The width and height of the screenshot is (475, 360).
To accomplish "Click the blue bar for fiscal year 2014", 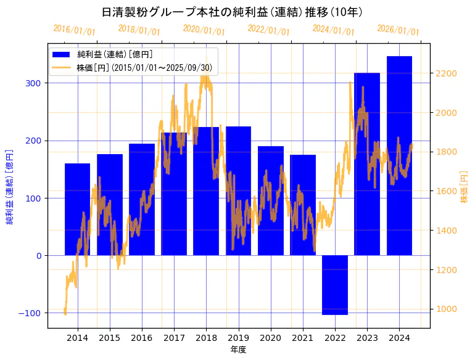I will coord(77,210).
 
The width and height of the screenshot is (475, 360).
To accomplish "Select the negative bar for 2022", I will coord(335,285).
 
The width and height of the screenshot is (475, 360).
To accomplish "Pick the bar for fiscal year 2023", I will coord(367,164).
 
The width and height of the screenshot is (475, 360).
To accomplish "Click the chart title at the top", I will coord(231,12).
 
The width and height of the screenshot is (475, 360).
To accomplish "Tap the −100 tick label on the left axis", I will coord(30,313).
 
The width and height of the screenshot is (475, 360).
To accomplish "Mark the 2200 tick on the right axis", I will coord(445,73).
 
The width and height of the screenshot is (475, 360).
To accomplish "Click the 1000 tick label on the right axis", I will coord(445,309).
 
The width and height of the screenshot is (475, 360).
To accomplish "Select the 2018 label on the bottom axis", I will coord(206,338).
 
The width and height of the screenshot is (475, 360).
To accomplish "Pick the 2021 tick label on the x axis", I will coord(303,338).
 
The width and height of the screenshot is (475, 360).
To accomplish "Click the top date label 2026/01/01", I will coord(398,30).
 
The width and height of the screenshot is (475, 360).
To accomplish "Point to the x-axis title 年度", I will coord(238,350).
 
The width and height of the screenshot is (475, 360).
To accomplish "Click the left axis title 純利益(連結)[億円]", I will coord(10,186).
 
